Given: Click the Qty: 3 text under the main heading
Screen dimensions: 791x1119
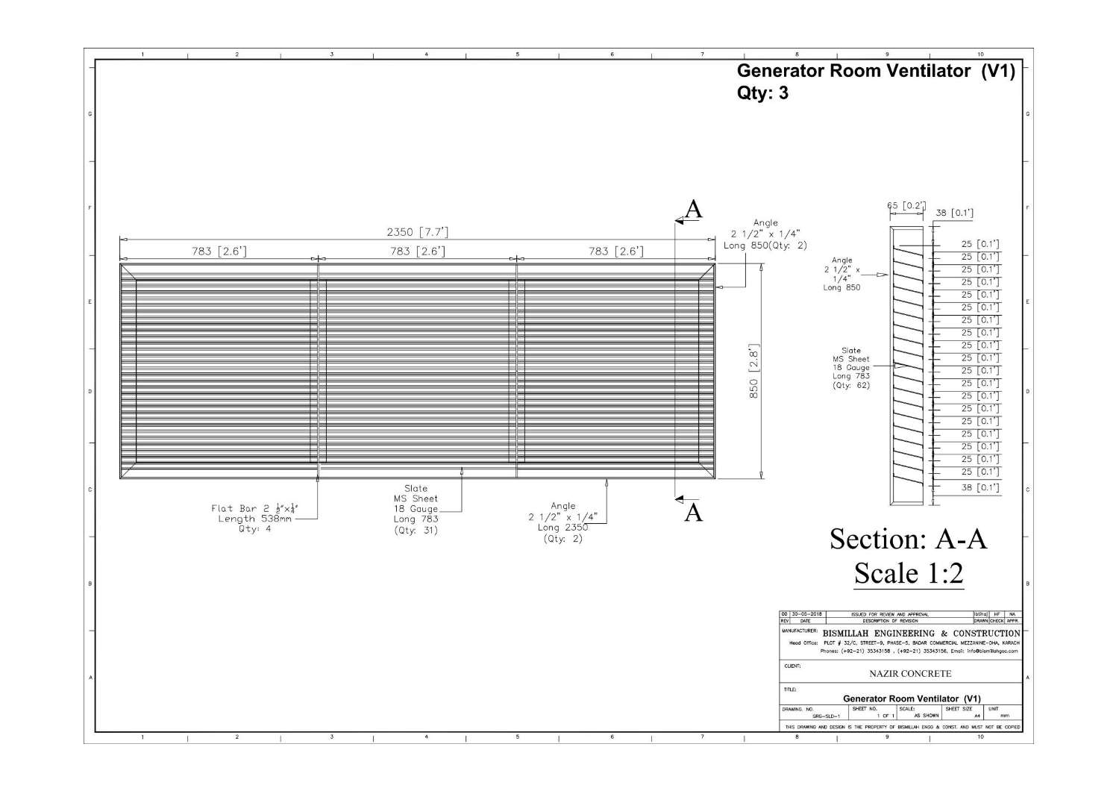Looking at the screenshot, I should click(x=762, y=93).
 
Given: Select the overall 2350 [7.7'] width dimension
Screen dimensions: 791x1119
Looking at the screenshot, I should click(x=417, y=232).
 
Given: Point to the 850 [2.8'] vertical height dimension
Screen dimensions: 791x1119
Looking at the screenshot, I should click(x=753, y=371).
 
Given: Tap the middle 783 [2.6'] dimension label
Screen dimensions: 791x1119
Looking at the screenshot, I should click(x=417, y=251).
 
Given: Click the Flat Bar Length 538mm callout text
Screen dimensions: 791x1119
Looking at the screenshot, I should click(x=254, y=519).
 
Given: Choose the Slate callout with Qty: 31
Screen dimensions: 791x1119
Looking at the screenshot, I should click(x=416, y=510).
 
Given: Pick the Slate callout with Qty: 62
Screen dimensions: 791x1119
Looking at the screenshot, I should click(x=851, y=368).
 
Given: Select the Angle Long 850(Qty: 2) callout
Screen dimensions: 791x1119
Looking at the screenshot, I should click(x=765, y=234).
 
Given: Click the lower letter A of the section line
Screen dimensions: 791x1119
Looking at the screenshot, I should click(x=694, y=513).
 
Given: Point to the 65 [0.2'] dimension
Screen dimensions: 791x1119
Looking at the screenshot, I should click(x=906, y=206).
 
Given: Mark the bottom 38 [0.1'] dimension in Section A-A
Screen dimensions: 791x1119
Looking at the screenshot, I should click(x=980, y=488).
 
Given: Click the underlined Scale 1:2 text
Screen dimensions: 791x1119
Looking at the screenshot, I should click(x=909, y=573).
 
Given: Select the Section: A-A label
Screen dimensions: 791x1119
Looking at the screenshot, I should click(x=909, y=539).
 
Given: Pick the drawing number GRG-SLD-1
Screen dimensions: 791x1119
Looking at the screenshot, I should click(x=826, y=716).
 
